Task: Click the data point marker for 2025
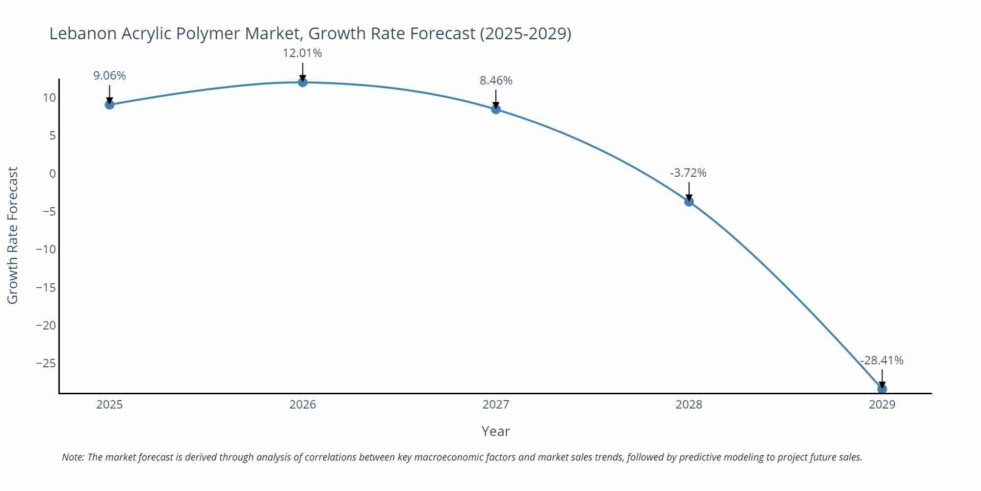point(109,105)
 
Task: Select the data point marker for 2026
point(303,82)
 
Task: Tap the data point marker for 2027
point(496,109)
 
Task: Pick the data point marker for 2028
point(689,201)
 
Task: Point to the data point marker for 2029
point(882,389)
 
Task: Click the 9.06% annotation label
point(109,76)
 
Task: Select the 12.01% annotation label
point(302,53)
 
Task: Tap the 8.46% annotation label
point(496,81)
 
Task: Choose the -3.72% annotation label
point(688,173)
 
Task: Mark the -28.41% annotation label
point(881,360)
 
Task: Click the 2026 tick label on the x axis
point(303,405)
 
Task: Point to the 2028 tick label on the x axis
point(689,405)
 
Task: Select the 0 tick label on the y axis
point(52,173)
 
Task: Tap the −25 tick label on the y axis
point(46,363)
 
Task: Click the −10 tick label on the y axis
point(46,249)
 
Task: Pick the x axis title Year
point(495,431)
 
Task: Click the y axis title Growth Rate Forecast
point(13,235)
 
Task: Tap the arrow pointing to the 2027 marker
point(496,98)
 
